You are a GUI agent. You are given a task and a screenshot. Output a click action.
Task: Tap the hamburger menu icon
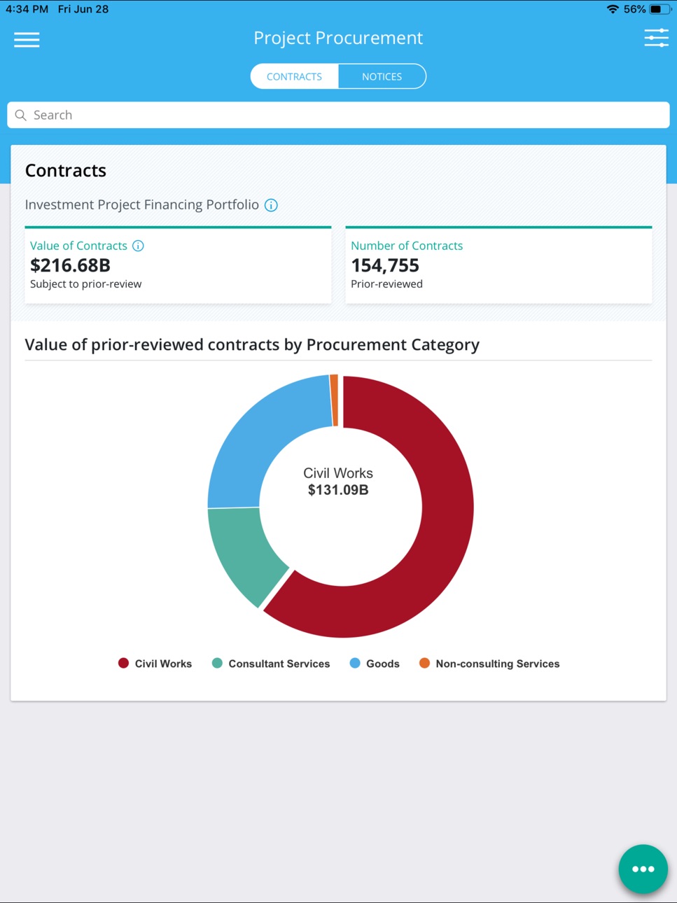(27, 39)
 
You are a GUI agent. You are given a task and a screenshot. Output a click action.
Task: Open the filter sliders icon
(656, 38)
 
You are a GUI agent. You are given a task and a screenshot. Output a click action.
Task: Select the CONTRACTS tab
(294, 76)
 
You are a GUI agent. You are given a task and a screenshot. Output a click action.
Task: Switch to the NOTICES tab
(382, 76)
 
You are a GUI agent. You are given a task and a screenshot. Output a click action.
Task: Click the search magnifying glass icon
(20, 115)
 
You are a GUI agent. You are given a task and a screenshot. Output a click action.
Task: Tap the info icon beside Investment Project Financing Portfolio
(271, 205)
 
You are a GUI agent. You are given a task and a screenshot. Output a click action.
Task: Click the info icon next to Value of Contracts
(138, 246)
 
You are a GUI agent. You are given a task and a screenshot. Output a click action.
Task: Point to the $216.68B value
(70, 265)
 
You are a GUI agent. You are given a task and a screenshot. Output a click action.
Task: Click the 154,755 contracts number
(385, 265)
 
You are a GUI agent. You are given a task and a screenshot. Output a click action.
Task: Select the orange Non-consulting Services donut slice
(335, 400)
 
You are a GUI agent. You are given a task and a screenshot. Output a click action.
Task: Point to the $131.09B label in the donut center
(338, 490)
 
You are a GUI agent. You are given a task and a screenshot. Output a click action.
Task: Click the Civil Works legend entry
(155, 664)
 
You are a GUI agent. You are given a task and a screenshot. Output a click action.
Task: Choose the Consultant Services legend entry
(271, 664)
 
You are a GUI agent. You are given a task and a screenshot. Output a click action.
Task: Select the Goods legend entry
(375, 664)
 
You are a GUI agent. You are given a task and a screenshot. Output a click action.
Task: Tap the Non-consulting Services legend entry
(489, 664)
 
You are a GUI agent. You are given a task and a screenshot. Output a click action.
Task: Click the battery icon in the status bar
(659, 9)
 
